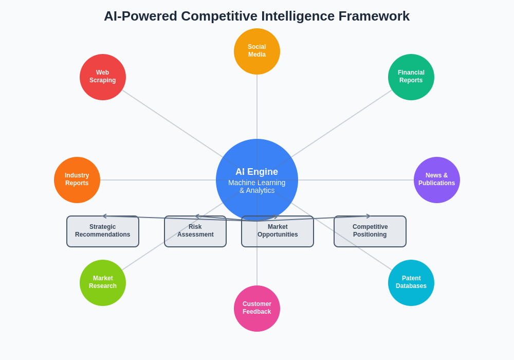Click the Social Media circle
coord(257,51)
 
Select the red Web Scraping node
coord(103,77)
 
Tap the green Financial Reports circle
coord(411,77)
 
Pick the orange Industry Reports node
coord(77,180)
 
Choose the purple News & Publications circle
coord(437,180)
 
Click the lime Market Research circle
coord(103,283)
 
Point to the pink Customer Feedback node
coord(257,309)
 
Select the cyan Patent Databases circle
coord(411,283)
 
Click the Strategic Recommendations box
coord(103,234)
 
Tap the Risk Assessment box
coord(195,234)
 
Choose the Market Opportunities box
coord(278,234)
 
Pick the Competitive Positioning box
coord(370,234)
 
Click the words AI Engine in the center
coord(257,172)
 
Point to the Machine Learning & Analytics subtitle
coord(257,186)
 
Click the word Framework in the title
coord(374,16)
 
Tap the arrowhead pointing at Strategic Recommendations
coord(104,216)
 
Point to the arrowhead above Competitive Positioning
coord(368,216)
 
